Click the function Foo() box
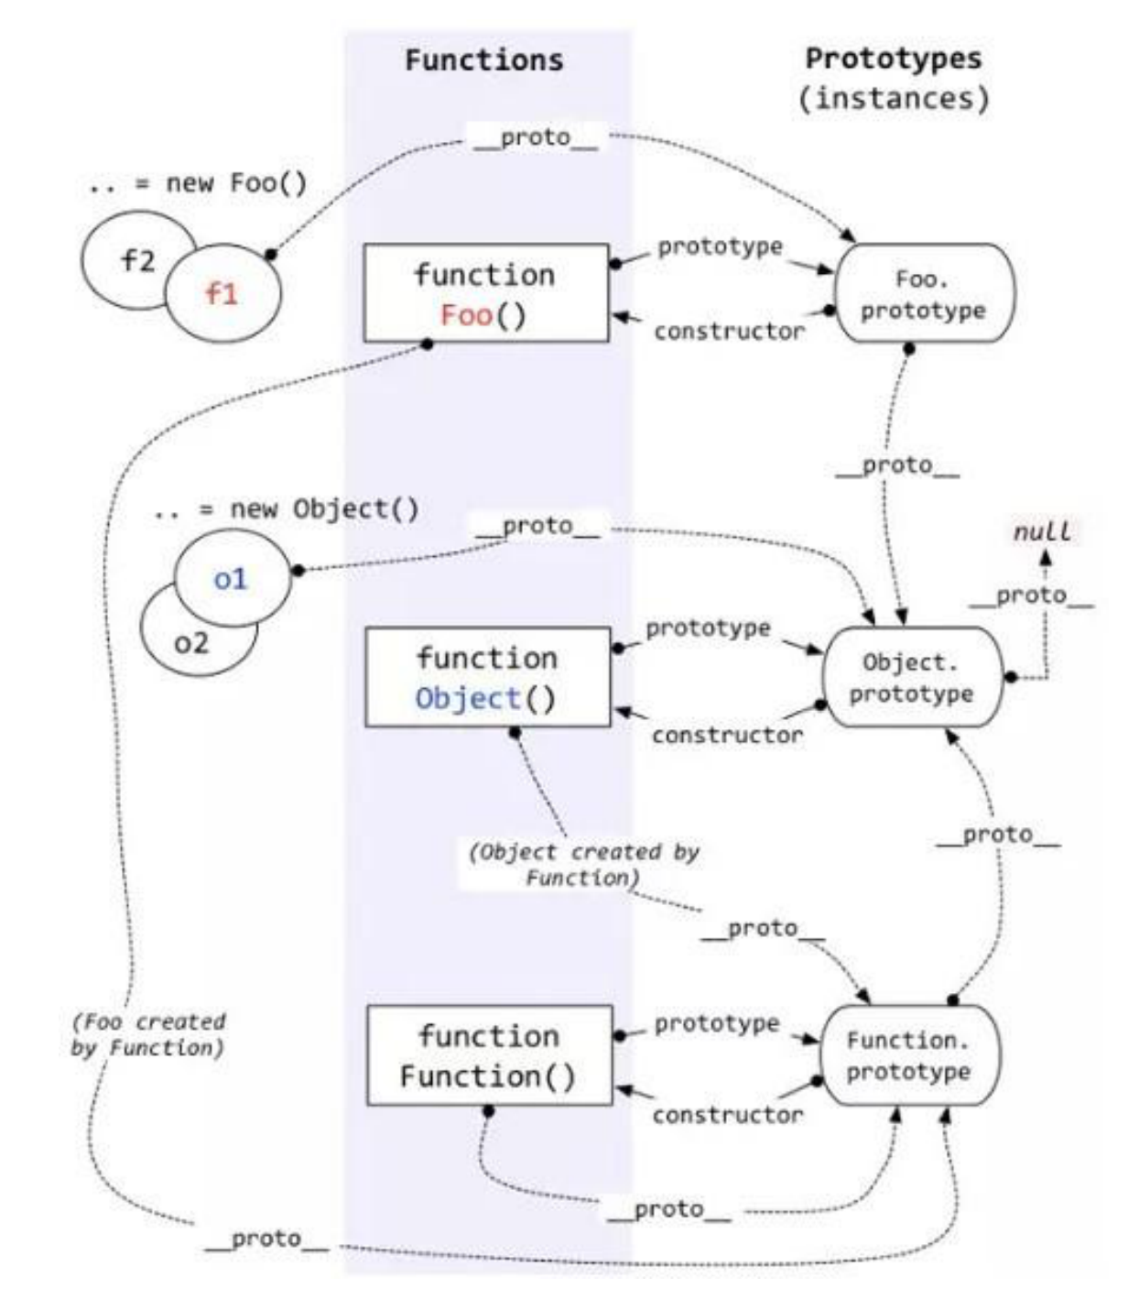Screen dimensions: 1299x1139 [x=485, y=293]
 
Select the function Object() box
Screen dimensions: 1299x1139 [x=487, y=677]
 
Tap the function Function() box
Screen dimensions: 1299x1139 [x=489, y=1055]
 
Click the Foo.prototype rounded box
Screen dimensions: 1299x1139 [x=923, y=293]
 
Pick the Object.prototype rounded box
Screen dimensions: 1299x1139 [x=912, y=677]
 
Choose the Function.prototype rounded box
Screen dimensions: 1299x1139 [x=908, y=1055]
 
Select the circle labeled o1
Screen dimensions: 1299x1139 [x=231, y=579]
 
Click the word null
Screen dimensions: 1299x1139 [x=1042, y=531]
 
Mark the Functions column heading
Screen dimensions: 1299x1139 [x=484, y=60]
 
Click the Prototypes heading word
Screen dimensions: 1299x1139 [x=894, y=59]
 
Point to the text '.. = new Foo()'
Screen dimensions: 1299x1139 [x=198, y=183]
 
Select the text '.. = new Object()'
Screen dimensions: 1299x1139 [x=287, y=509]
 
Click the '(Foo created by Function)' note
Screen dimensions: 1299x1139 [x=148, y=1034]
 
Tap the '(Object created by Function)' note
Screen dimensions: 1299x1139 [x=583, y=864]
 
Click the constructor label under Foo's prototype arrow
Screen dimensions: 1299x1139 [x=729, y=332]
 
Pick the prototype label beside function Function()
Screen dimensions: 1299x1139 [x=717, y=1023]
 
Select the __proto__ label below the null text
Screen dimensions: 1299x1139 [x=1031, y=595]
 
